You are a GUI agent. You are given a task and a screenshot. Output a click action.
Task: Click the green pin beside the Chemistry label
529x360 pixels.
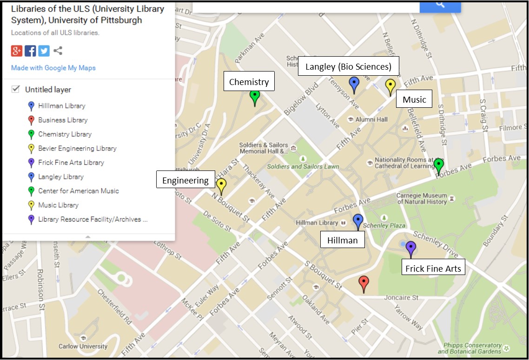click(x=254, y=97)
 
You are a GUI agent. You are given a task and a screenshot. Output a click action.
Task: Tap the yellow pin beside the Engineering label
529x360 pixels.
click(x=221, y=185)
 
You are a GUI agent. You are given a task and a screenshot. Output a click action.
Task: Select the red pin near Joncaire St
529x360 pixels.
click(x=364, y=282)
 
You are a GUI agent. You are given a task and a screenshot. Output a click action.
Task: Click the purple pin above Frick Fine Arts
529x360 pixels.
click(x=410, y=248)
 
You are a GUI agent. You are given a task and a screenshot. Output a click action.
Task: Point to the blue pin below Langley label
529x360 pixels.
click(x=354, y=84)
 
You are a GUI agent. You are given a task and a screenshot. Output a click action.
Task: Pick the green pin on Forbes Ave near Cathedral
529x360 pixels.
click(x=438, y=165)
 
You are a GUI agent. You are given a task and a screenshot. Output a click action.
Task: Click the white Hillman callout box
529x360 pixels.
click(x=343, y=240)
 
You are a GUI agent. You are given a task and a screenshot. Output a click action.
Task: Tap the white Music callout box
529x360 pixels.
click(x=414, y=99)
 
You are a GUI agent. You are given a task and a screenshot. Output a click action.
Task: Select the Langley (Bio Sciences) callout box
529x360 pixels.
click(x=348, y=66)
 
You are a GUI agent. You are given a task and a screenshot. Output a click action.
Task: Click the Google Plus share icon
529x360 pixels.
click(x=17, y=51)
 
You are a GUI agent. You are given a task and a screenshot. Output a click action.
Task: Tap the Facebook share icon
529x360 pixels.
click(x=30, y=51)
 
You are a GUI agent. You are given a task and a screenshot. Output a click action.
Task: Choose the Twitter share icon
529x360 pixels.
click(x=44, y=51)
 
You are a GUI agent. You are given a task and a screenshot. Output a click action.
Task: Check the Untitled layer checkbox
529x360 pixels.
click(x=16, y=89)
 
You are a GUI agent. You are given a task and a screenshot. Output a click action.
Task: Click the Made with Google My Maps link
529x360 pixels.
click(x=53, y=68)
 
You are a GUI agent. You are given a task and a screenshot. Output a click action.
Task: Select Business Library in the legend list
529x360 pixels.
click(x=63, y=120)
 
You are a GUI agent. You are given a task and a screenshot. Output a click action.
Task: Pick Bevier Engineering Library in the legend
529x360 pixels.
click(x=77, y=148)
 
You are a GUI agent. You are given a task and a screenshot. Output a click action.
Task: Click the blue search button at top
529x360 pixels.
click(x=440, y=6)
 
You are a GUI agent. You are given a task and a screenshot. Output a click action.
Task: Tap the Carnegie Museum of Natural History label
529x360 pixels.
click(x=422, y=198)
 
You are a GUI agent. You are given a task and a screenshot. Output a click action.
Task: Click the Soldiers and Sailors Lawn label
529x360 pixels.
click(x=303, y=166)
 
